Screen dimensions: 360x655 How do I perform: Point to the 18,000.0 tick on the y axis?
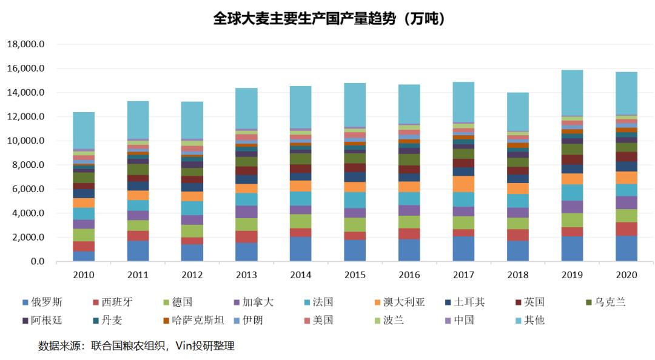click(x=25, y=45)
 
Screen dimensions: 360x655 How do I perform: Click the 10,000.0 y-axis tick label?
click(x=25, y=141)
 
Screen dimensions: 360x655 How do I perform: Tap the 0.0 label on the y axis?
click(x=38, y=262)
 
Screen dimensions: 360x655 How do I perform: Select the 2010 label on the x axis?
click(x=84, y=275)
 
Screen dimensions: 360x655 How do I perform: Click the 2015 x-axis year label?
click(x=355, y=275)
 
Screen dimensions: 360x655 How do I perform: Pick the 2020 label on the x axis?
click(x=626, y=275)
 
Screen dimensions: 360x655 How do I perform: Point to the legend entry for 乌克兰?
click(x=604, y=302)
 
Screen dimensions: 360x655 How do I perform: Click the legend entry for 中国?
click(x=458, y=319)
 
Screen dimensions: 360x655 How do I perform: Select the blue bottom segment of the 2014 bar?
click(x=301, y=249)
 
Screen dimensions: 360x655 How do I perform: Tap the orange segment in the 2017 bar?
click(x=464, y=184)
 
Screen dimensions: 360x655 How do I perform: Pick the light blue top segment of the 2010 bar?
click(x=84, y=130)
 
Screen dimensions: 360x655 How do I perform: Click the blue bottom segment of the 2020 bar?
click(x=626, y=248)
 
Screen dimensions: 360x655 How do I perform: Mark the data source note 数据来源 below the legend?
click(x=136, y=346)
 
